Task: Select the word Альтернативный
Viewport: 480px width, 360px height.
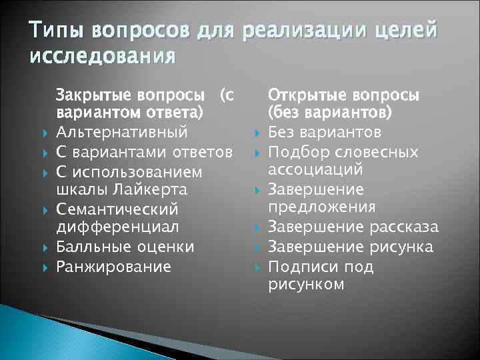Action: click(121, 133)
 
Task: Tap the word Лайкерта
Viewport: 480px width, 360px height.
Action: click(153, 190)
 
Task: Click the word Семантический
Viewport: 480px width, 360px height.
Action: click(117, 209)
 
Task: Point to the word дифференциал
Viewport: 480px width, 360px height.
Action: click(117, 227)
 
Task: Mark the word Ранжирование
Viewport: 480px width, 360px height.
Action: click(113, 267)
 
